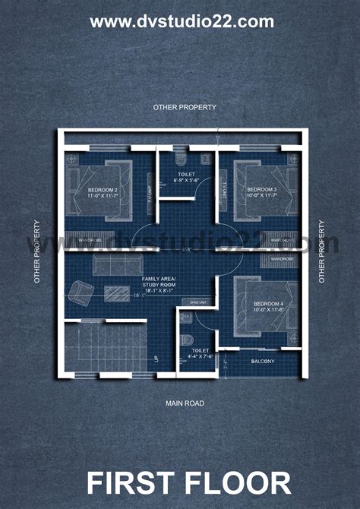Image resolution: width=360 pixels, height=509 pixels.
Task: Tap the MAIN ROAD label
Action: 185,403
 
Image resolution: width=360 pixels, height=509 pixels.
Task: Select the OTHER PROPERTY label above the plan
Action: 185,107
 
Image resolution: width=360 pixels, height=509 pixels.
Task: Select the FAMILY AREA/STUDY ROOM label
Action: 158,284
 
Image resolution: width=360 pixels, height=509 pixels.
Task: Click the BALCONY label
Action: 263,361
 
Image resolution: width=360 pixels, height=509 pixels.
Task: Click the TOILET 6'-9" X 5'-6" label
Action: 186,178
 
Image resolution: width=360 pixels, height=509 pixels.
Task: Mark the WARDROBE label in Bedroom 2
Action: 90,240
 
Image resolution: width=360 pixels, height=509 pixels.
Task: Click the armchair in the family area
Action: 80,292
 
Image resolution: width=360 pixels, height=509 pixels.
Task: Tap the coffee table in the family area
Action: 117,293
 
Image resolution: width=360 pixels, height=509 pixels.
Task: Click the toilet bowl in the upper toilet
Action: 204,159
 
